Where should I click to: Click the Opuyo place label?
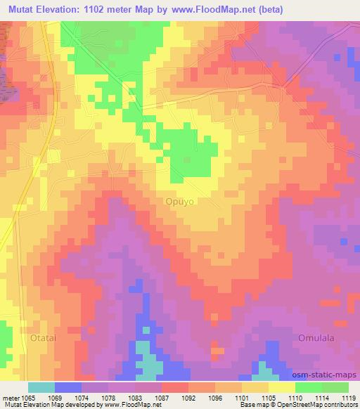179,201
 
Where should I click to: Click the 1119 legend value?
350,398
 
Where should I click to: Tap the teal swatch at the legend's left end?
41,387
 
